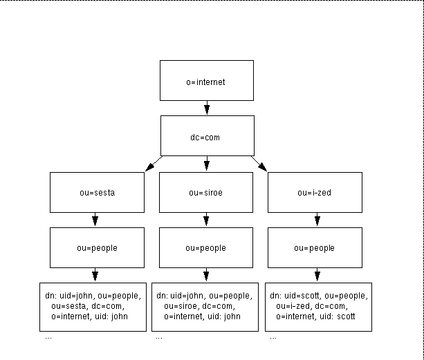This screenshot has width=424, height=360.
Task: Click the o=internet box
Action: coord(206,81)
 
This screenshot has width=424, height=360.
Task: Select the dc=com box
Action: coord(206,136)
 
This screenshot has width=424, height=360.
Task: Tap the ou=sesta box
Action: coord(96,192)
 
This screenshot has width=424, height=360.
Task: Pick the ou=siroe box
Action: coord(206,192)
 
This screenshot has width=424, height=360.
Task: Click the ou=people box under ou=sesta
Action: coord(96,247)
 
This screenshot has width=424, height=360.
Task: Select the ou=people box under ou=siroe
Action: coord(206,247)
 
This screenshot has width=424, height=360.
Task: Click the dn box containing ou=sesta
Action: coord(96,305)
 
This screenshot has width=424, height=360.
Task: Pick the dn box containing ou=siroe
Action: coord(206,305)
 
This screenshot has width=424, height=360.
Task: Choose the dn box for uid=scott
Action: coord(318,305)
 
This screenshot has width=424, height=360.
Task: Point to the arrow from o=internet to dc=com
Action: coord(206,107)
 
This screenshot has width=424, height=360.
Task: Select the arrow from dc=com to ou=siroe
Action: coord(206,164)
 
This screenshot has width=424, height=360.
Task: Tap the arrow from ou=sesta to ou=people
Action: coord(96,220)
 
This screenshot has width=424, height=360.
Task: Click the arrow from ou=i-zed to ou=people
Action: coord(317,220)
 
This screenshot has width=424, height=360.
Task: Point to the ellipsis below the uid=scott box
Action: coord(273,338)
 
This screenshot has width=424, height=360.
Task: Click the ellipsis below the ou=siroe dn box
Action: coord(159,338)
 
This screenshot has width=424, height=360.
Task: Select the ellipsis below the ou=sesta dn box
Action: coord(48,338)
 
